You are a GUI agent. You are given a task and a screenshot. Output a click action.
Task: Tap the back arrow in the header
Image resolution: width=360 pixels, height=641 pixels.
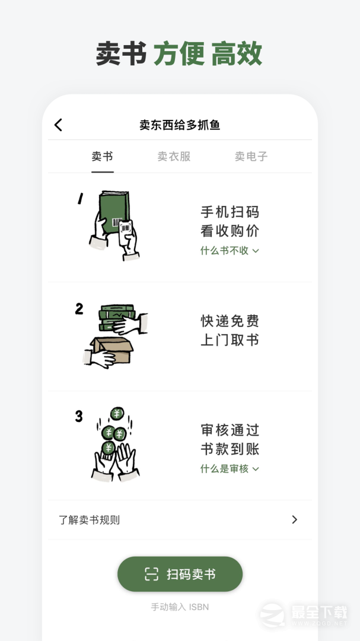click(x=58, y=125)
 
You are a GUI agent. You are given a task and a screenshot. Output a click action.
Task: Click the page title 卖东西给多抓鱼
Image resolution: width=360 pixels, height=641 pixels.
click(x=180, y=125)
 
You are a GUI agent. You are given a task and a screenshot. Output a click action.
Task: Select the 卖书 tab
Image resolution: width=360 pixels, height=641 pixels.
click(x=102, y=157)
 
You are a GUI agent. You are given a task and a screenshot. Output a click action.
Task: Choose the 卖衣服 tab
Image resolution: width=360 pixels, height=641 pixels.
click(x=174, y=157)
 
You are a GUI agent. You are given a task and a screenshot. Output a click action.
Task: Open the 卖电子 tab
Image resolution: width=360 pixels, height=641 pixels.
click(x=251, y=157)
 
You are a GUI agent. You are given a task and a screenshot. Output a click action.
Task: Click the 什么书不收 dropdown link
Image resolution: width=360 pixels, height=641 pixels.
click(x=230, y=250)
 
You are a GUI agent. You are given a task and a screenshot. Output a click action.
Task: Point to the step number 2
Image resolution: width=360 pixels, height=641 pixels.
click(x=79, y=309)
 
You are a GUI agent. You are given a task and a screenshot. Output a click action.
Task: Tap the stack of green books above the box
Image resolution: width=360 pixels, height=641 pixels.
click(x=116, y=318)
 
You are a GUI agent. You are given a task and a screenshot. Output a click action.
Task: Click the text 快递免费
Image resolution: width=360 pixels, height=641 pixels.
click(x=230, y=321)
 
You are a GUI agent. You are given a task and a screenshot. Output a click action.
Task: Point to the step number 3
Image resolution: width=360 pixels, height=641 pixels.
click(x=79, y=417)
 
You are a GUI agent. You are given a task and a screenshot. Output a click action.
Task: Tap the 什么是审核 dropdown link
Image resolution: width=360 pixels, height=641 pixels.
click(x=230, y=469)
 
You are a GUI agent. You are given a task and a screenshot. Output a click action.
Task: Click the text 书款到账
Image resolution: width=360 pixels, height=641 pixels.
click(x=230, y=449)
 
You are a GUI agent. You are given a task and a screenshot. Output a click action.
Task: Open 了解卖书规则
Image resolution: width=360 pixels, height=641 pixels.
click(x=89, y=520)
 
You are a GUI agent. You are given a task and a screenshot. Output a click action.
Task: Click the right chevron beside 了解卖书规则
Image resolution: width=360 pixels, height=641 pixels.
click(x=295, y=520)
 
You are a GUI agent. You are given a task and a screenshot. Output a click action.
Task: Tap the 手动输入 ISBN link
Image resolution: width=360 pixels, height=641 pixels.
click(x=180, y=607)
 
